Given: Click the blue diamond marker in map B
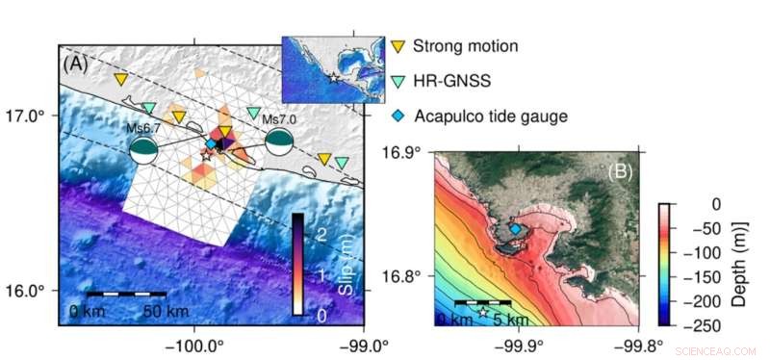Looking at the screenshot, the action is (515, 229).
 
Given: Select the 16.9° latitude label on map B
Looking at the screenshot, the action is (403, 152).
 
